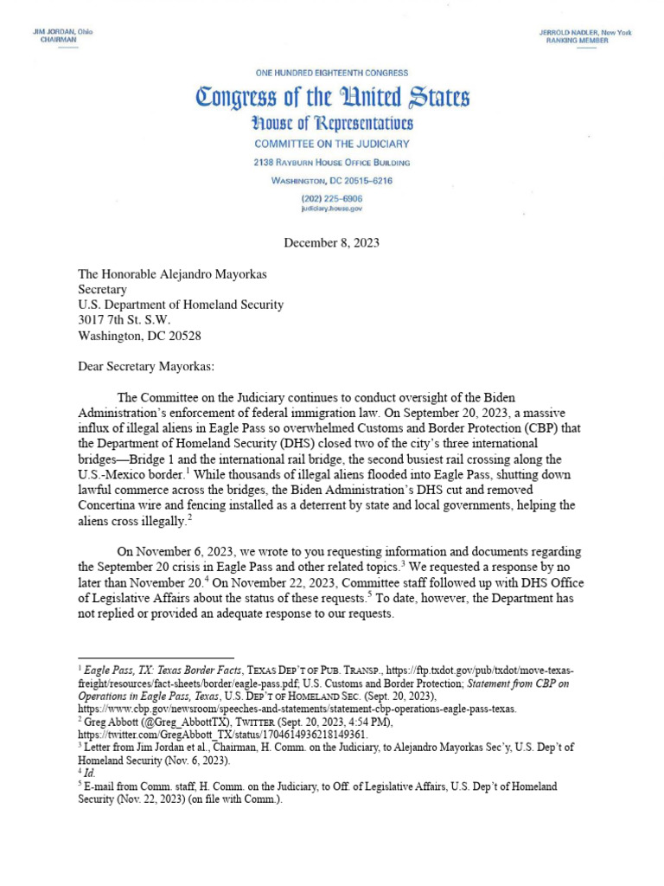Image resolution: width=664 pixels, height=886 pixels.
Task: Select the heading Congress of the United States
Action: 333,97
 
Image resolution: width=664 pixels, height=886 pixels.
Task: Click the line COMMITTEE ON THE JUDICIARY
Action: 333,144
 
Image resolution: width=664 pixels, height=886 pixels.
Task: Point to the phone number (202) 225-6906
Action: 333,199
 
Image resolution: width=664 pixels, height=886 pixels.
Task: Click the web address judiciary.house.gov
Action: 333,209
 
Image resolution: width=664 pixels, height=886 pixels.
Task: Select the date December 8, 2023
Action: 332,243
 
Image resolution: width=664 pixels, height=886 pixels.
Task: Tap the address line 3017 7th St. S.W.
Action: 131,319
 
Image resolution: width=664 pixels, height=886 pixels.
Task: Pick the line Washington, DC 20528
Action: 140,334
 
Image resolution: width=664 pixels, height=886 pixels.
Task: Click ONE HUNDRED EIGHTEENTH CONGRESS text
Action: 333,74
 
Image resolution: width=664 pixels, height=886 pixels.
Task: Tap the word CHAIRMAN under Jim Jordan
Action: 59,41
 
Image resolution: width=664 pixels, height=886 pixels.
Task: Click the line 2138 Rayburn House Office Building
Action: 333,163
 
